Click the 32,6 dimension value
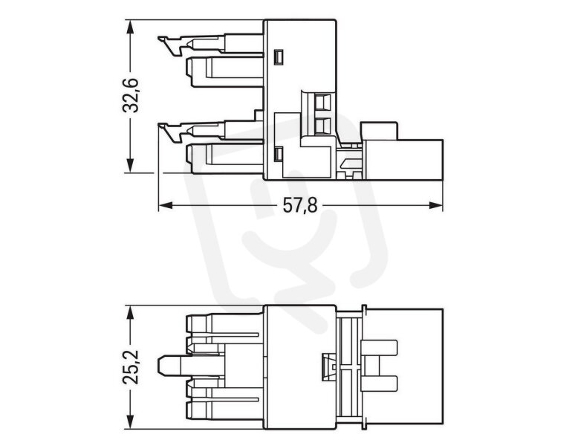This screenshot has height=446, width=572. (x=129, y=95)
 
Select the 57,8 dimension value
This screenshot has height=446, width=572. (x=300, y=206)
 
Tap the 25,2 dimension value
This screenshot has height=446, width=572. (x=130, y=366)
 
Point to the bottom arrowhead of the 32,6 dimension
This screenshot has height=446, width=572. (x=129, y=165)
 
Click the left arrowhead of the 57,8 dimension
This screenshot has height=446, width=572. (x=166, y=205)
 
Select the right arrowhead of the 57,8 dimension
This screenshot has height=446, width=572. (x=435, y=205)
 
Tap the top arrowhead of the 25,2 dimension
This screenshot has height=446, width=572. (x=129, y=313)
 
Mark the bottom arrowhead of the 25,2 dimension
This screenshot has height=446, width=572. (x=129, y=421)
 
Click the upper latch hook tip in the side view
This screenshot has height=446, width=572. (x=158, y=37)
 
